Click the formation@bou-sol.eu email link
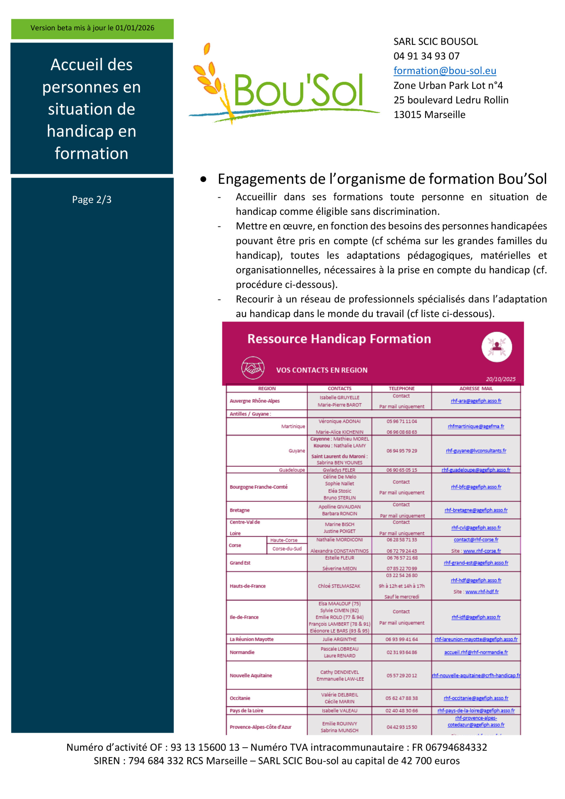pos(445,71)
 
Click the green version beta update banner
pos(92,28)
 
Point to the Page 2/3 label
pos(91,199)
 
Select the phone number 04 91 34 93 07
pos(426,56)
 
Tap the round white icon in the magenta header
pos(496,347)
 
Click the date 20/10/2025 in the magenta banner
pos(501,379)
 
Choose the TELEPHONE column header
pos(401,388)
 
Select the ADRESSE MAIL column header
pos(476,388)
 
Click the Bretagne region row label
pos(239,510)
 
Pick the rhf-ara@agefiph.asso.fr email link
pos(476,401)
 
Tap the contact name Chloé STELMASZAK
pos(339,586)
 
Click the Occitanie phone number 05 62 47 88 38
pos(401,698)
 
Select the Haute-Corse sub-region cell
pos(284,540)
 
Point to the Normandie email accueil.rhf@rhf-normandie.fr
pos(476,652)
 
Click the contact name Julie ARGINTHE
pos(339,639)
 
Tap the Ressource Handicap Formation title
pos(339,339)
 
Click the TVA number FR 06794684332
pos(450,747)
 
